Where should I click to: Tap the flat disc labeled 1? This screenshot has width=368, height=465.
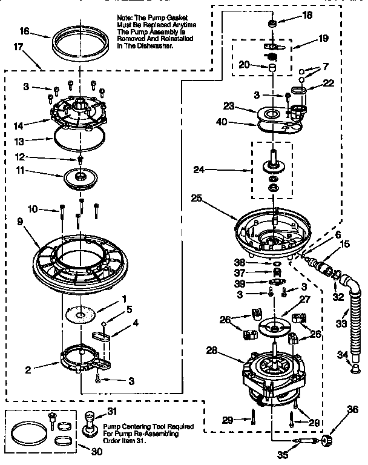click(82, 314)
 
